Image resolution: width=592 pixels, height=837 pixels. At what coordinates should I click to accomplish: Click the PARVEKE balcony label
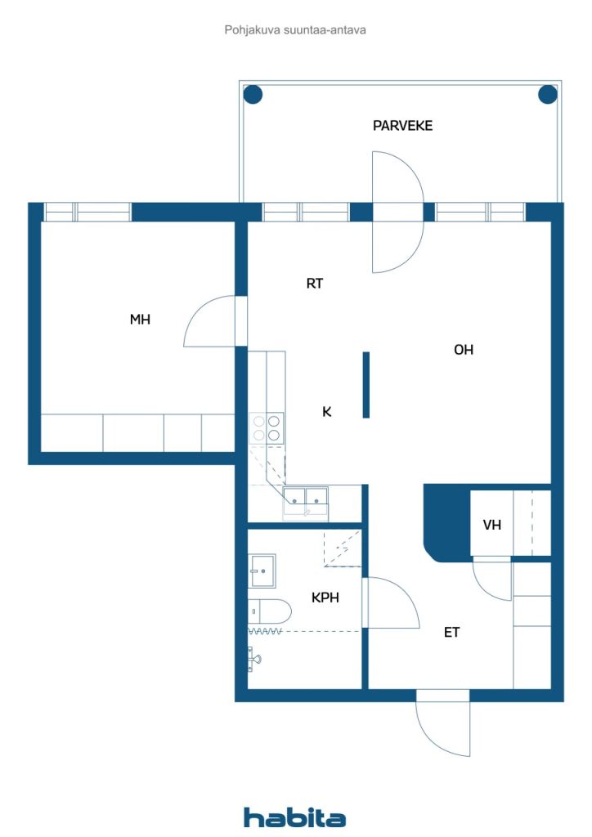(x=402, y=126)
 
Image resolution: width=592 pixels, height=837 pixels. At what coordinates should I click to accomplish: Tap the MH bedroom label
(x=140, y=320)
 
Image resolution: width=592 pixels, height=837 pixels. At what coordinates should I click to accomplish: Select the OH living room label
(x=464, y=350)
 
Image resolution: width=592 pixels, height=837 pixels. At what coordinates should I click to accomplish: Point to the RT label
(x=315, y=284)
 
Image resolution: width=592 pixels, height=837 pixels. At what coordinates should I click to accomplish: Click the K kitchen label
(x=327, y=412)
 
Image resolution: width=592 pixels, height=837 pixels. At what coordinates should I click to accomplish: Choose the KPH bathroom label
(x=325, y=598)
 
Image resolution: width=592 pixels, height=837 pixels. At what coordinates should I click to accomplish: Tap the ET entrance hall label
(x=451, y=633)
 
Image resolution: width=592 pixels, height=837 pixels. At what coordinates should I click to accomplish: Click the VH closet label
(x=491, y=526)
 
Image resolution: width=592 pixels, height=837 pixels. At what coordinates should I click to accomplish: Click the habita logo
(x=294, y=817)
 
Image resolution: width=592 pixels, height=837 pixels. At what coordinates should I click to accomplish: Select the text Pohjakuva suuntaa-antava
(x=295, y=30)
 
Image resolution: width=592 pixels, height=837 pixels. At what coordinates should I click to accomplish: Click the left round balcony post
(x=253, y=95)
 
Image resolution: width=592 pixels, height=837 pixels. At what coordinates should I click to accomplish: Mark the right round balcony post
(x=548, y=95)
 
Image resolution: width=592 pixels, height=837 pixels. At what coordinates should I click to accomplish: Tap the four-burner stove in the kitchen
(x=267, y=428)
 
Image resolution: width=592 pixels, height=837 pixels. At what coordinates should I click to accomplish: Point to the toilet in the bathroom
(x=270, y=611)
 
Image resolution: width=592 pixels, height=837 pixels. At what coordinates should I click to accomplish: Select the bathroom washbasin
(x=262, y=571)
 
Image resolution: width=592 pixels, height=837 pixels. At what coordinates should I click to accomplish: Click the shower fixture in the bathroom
(x=253, y=659)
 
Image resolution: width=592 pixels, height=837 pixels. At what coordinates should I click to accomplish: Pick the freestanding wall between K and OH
(x=366, y=385)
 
